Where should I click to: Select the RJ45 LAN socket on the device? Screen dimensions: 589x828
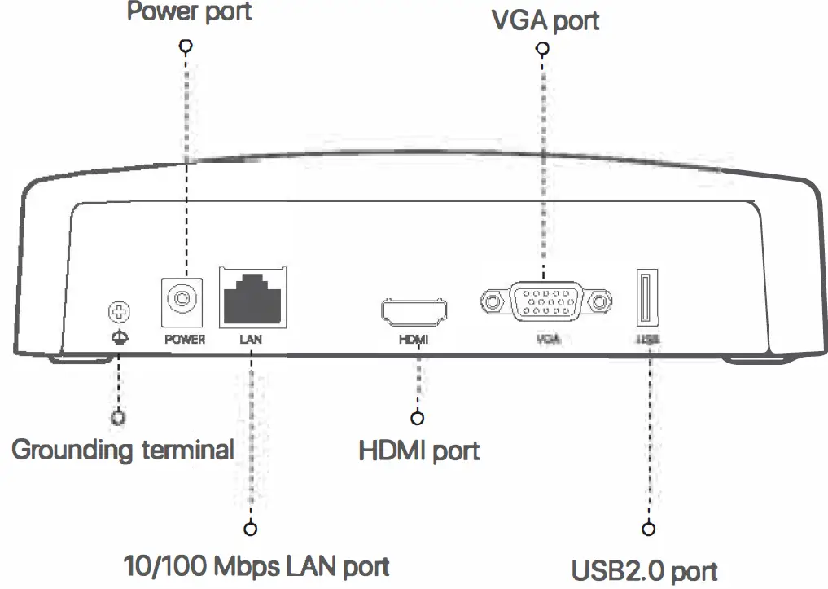(x=252, y=299)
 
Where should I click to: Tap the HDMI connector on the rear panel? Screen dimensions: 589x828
(x=414, y=310)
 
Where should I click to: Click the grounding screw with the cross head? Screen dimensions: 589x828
(x=118, y=311)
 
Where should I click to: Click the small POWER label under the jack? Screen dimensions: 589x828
(x=185, y=339)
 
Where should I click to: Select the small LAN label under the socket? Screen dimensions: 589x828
(x=251, y=339)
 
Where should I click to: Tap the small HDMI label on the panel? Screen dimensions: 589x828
(x=414, y=340)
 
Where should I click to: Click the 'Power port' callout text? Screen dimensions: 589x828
(x=188, y=12)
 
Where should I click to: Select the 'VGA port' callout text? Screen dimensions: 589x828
(x=545, y=20)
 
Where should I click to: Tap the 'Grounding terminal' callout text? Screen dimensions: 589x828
(x=123, y=450)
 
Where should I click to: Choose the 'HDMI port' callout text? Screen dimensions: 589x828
(x=418, y=451)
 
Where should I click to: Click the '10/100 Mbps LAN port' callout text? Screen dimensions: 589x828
(x=256, y=565)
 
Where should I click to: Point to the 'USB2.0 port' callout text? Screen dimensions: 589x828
(x=644, y=571)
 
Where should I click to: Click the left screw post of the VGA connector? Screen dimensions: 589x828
(x=491, y=302)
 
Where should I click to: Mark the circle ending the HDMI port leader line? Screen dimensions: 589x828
(x=418, y=418)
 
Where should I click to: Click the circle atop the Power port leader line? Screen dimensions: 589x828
(x=186, y=46)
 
